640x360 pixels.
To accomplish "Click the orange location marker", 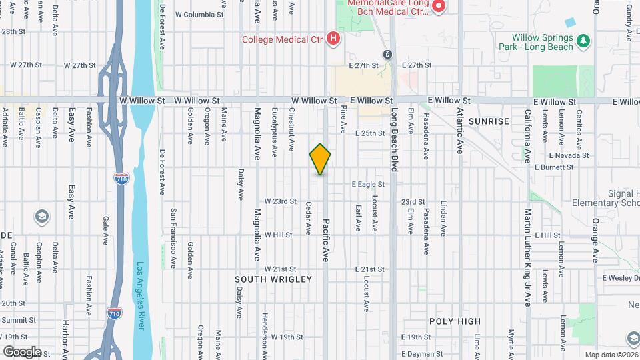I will coord(320,159).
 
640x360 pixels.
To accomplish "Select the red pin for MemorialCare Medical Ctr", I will coord(439,7).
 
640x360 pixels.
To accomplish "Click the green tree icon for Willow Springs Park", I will coord(584,41).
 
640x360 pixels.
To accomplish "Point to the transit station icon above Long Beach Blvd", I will coord(387,54).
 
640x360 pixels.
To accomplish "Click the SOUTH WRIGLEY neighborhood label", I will coord(273,279).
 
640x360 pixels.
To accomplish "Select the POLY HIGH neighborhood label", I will coord(455,321).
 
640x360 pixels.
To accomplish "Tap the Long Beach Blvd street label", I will coord(394,140).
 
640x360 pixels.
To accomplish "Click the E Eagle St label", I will coord(369,184).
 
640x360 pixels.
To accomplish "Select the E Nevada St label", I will coord(569,155).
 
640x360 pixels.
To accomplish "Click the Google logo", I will coord(22,351).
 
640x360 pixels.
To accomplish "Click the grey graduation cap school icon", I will coord(42,217).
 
